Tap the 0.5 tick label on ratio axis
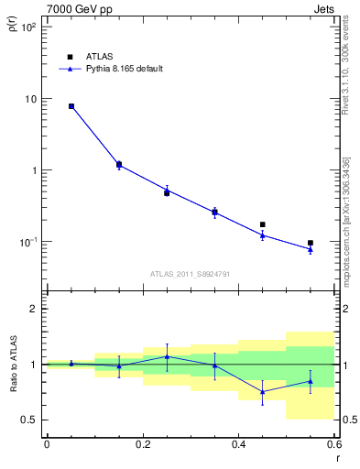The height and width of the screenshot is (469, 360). [x=30, y=420]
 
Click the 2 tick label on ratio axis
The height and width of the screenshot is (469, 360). [x=35, y=309]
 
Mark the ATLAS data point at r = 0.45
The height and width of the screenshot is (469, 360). [x=263, y=224]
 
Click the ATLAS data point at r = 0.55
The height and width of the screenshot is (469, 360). [x=311, y=243]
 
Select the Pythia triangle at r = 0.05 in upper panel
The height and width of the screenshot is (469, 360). [x=71, y=106]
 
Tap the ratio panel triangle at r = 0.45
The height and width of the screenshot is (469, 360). [x=263, y=391]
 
